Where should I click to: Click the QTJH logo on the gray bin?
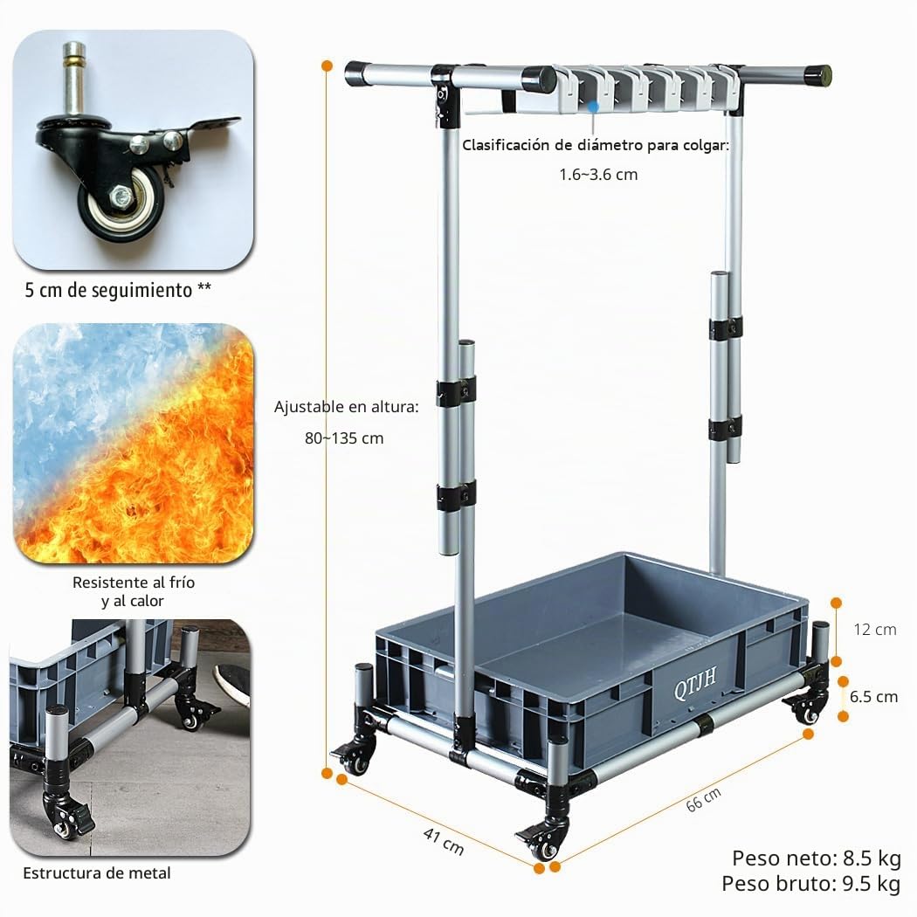[695, 684]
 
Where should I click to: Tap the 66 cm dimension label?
[703, 799]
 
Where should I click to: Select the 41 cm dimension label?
[444, 842]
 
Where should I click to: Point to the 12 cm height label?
[874, 630]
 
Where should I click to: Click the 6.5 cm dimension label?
[873, 697]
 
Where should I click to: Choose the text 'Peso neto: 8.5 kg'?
[817, 858]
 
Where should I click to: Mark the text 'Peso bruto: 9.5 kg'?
[811, 883]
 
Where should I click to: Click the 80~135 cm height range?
[344, 438]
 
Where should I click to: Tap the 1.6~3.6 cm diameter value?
[597, 175]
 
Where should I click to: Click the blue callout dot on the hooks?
[593, 107]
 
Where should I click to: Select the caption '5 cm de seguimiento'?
[109, 290]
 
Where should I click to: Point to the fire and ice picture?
[134, 444]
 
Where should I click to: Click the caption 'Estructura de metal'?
[96, 873]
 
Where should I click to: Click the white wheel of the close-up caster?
[123, 202]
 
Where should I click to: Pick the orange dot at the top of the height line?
[327, 66]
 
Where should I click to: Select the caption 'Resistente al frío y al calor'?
[133, 591]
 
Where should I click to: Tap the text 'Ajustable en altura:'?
[346, 406]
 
